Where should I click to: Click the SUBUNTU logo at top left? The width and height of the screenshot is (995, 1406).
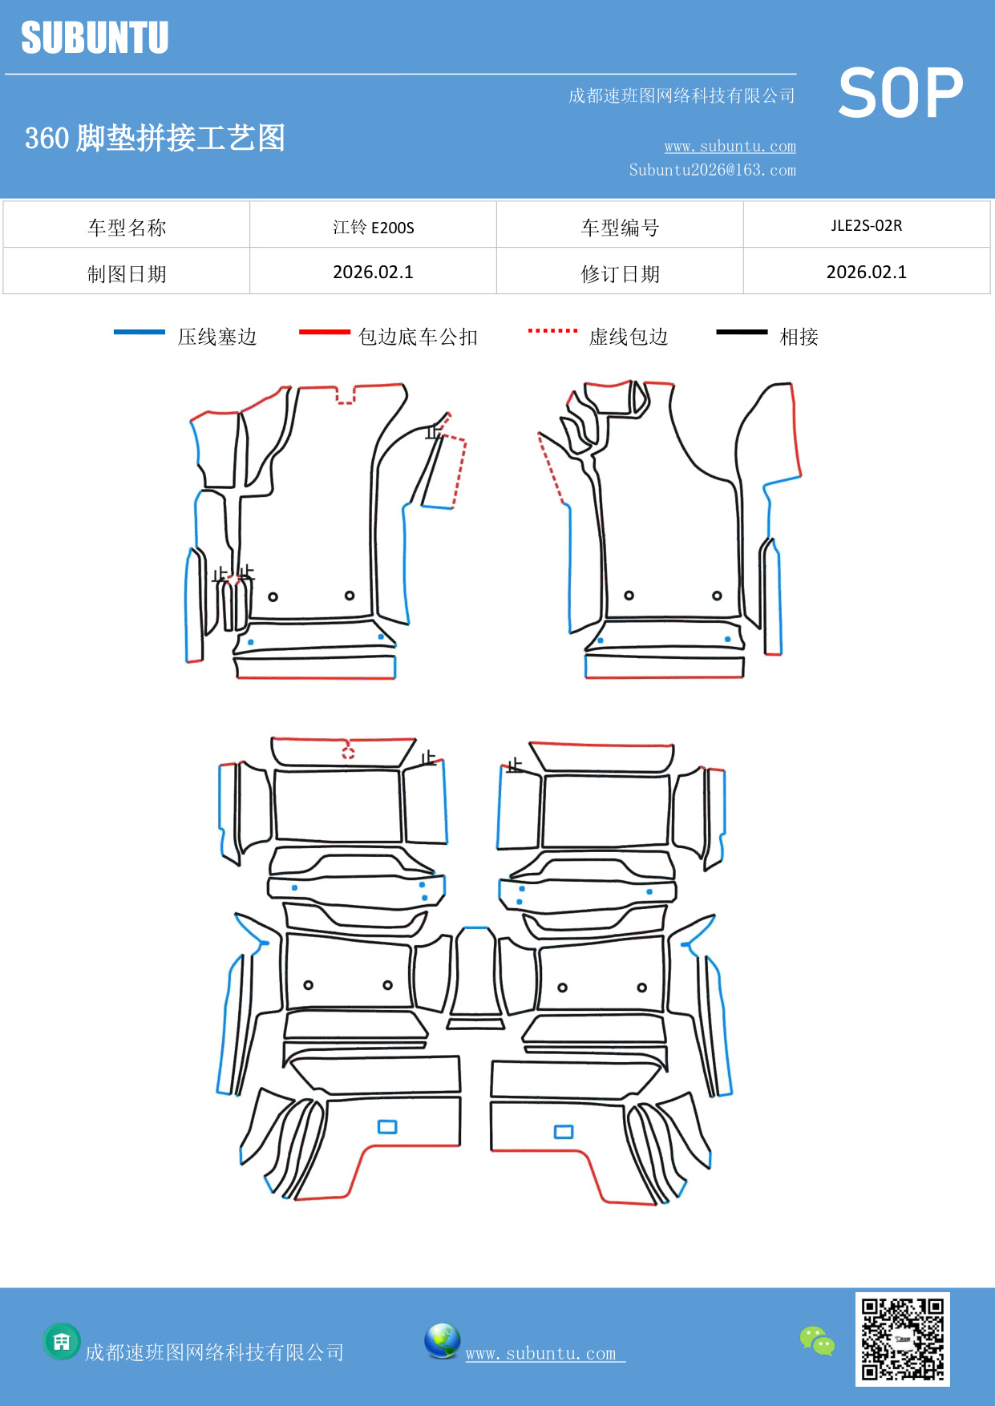click(95, 38)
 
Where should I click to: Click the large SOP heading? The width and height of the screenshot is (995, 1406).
click(900, 94)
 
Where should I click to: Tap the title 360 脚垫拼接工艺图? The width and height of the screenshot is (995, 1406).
click(155, 138)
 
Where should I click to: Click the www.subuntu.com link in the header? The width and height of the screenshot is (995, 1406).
click(730, 146)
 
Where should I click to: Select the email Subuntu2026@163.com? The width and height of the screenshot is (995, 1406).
click(712, 170)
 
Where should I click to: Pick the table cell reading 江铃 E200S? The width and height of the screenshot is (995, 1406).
click(373, 227)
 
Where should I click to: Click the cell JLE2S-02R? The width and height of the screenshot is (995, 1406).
click(866, 225)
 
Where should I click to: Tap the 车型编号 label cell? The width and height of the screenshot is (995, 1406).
click(620, 228)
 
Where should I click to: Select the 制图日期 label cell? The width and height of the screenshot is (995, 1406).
click(127, 274)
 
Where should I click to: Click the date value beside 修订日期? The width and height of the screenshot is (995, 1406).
click(866, 273)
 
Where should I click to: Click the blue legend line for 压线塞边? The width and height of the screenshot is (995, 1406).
click(140, 332)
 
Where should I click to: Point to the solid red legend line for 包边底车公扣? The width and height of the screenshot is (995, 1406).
click(324, 332)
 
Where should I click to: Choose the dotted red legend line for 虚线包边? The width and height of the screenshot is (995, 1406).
click(552, 330)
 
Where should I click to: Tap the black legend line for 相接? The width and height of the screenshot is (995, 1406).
click(742, 332)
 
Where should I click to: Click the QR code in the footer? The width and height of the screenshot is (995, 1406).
click(902, 1339)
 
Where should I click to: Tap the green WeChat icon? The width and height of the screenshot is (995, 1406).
click(817, 1341)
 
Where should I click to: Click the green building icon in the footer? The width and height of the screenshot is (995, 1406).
click(62, 1341)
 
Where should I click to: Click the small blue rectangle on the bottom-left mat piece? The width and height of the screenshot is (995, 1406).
click(387, 1127)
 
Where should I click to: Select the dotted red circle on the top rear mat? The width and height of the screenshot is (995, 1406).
click(348, 752)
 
